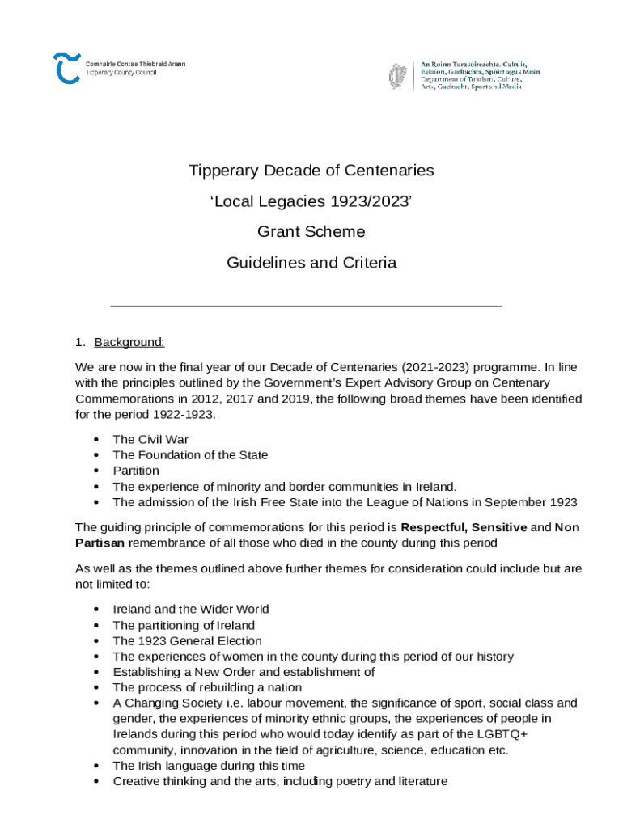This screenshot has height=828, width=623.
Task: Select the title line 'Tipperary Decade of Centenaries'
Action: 311,171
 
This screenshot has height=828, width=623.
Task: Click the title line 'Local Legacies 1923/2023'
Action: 311,201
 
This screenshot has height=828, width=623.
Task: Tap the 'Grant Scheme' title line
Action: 311,232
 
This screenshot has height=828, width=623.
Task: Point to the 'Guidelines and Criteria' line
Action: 311,263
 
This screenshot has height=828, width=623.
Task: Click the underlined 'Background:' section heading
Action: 129,342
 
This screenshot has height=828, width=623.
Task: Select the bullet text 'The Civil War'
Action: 150,439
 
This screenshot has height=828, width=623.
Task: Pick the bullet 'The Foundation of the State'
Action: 190,455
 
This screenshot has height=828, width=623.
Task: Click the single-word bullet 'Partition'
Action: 136,471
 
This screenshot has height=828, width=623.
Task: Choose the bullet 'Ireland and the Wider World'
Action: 191,609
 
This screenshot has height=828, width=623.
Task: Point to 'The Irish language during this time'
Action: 209,766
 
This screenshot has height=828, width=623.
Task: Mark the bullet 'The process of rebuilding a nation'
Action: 207,687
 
